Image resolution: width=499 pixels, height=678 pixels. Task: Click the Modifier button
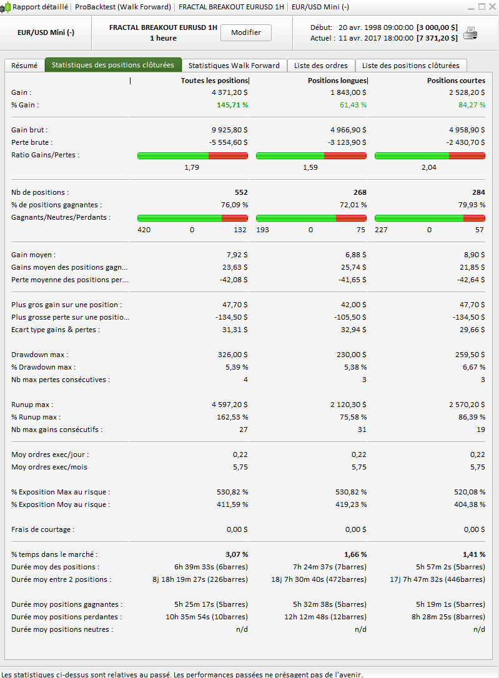pyautogui.click(x=245, y=32)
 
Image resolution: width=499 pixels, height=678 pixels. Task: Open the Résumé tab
pyautogui.click(x=24, y=66)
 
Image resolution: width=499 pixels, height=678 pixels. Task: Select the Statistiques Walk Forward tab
pyautogui.click(x=234, y=66)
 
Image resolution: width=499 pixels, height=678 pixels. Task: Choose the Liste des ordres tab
pyautogui.click(x=321, y=66)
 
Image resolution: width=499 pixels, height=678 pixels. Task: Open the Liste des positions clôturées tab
pyautogui.click(x=410, y=66)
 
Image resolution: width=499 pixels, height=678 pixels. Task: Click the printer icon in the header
pyautogui.click(x=470, y=33)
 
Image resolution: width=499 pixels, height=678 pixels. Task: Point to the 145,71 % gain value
pyautogui.click(x=232, y=105)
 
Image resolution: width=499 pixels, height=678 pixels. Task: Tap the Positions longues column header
pyautogui.click(x=337, y=81)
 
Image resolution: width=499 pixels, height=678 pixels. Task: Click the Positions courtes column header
pyautogui.click(x=456, y=81)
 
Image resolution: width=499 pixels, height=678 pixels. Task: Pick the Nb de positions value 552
pyautogui.click(x=241, y=192)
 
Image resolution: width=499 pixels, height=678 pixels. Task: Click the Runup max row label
pyautogui.click(x=32, y=405)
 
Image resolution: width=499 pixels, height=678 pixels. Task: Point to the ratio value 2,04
pyautogui.click(x=429, y=167)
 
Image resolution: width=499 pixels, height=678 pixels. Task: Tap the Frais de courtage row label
pyautogui.click(x=42, y=529)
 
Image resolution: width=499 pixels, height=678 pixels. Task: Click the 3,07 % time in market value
pyautogui.click(x=236, y=554)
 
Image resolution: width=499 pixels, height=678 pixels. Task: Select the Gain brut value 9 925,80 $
pyautogui.click(x=230, y=130)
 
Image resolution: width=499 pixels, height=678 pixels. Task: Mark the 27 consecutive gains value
pyautogui.click(x=243, y=430)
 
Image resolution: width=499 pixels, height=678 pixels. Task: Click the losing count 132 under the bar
pyautogui.click(x=240, y=230)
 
